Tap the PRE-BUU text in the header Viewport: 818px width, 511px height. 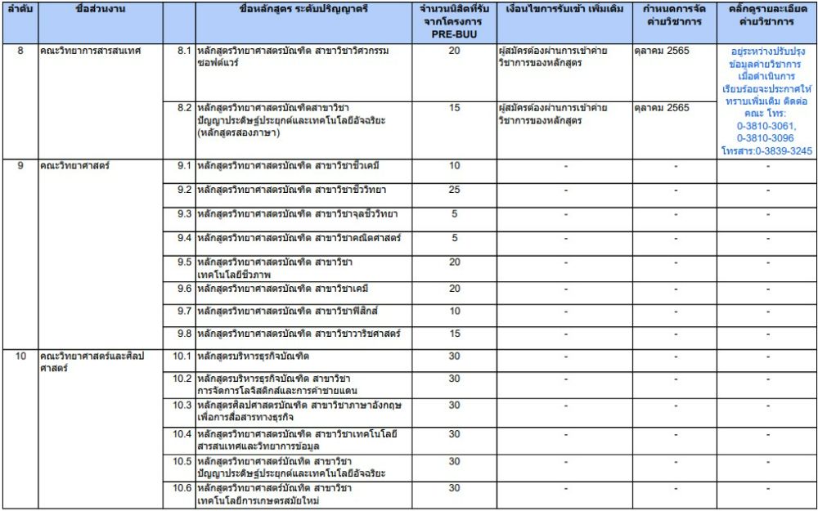454,36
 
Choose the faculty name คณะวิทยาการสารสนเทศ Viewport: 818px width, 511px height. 90,51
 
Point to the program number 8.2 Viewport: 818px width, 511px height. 184,108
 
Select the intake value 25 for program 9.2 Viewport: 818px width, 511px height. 454,190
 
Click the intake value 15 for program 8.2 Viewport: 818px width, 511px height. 454,108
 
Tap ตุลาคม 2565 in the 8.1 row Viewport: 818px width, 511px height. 662,51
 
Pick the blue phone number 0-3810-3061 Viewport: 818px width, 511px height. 766,127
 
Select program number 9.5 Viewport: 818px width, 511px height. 184,262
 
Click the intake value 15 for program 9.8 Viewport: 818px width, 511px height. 454,334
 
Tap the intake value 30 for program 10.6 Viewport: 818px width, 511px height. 454,488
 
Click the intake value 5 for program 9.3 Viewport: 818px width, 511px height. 454,214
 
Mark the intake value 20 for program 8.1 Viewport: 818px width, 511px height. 454,51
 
